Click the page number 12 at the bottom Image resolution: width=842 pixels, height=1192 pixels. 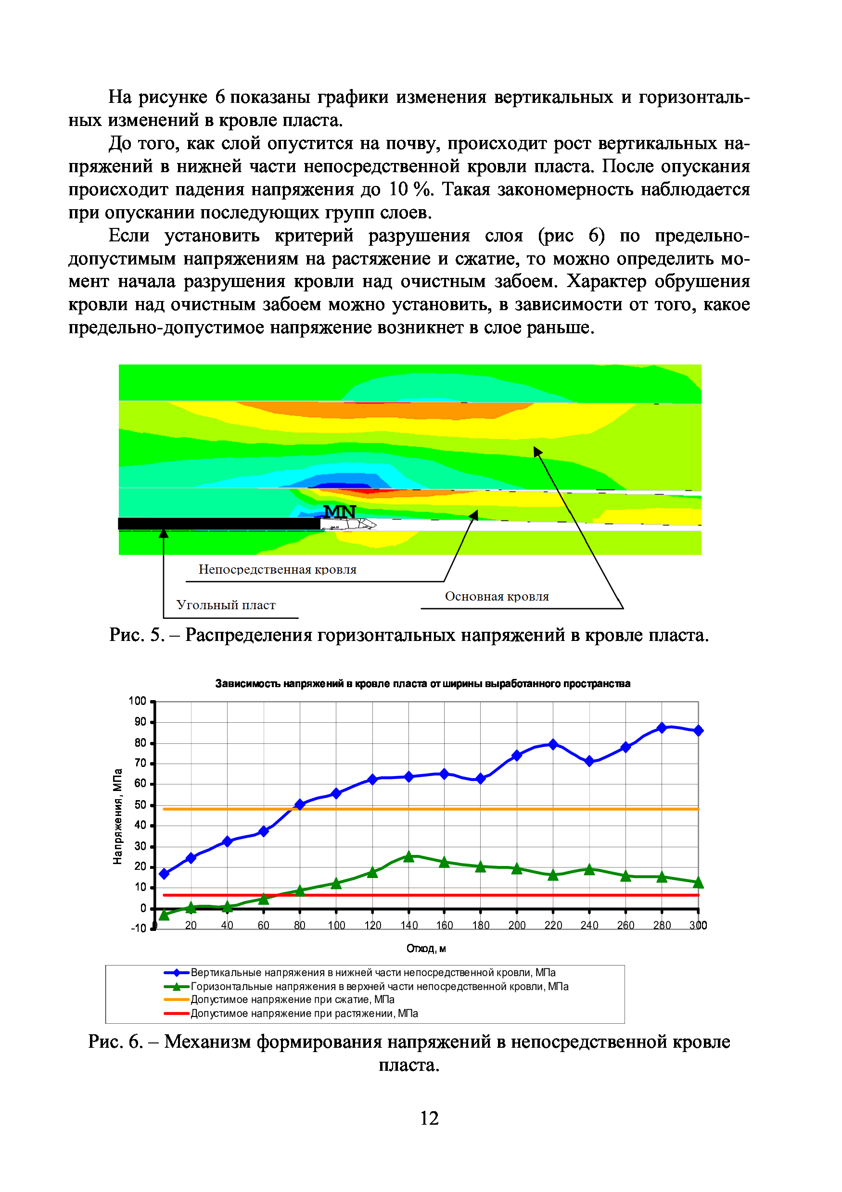(429, 1117)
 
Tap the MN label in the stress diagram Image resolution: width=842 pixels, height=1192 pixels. (340, 512)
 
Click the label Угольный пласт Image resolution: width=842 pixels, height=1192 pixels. (226, 605)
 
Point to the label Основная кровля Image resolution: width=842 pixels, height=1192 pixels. (497, 597)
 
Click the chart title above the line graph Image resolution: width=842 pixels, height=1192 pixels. (422, 683)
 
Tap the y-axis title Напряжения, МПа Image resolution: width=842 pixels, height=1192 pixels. (118, 816)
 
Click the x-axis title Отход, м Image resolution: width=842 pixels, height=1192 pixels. (426, 949)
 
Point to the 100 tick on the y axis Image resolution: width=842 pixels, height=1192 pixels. (137, 701)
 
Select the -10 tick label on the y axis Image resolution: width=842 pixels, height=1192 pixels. (139, 929)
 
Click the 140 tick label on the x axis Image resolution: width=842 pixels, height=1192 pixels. (409, 925)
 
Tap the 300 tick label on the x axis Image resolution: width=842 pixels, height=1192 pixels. (698, 925)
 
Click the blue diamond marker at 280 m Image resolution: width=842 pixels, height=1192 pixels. (662, 728)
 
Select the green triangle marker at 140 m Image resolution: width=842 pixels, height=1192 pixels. (409, 857)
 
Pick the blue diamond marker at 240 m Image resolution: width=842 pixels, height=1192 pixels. (589, 762)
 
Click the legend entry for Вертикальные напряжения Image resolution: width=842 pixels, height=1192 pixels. (373, 972)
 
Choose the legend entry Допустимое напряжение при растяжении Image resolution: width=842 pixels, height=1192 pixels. (304, 1014)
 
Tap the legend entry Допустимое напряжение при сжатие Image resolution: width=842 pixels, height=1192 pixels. (293, 999)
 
